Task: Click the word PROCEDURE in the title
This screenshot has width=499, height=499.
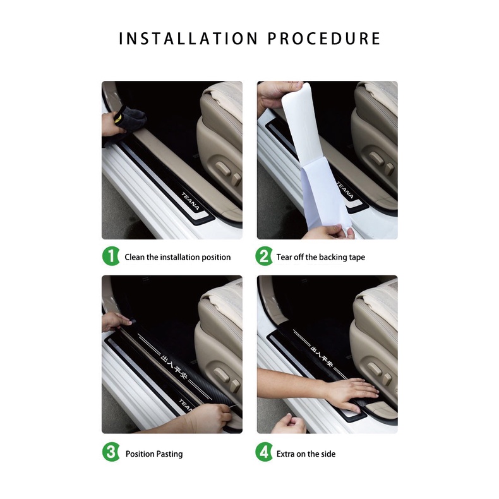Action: point(324,39)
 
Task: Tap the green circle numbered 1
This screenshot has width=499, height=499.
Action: point(111,257)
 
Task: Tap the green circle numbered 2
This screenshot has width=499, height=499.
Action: point(264,257)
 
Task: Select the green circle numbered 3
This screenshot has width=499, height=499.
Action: point(111,453)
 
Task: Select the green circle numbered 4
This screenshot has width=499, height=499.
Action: point(264,453)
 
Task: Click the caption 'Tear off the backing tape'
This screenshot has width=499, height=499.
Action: point(320,257)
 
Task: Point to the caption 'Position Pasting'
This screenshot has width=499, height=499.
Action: point(154,454)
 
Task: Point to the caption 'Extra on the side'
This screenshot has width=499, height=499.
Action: point(306,454)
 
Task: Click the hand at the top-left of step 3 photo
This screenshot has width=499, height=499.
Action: point(115,321)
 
